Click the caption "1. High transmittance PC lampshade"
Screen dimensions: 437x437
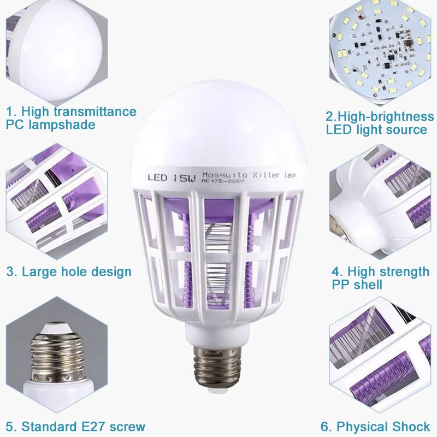coord(71,118)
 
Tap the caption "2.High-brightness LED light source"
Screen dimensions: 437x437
coord(380,123)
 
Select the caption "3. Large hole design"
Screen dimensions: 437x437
coord(69,271)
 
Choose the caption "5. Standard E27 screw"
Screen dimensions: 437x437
coord(76,426)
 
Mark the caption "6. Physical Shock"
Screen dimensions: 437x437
coord(375,426)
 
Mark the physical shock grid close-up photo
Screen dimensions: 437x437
coord(382,358)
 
